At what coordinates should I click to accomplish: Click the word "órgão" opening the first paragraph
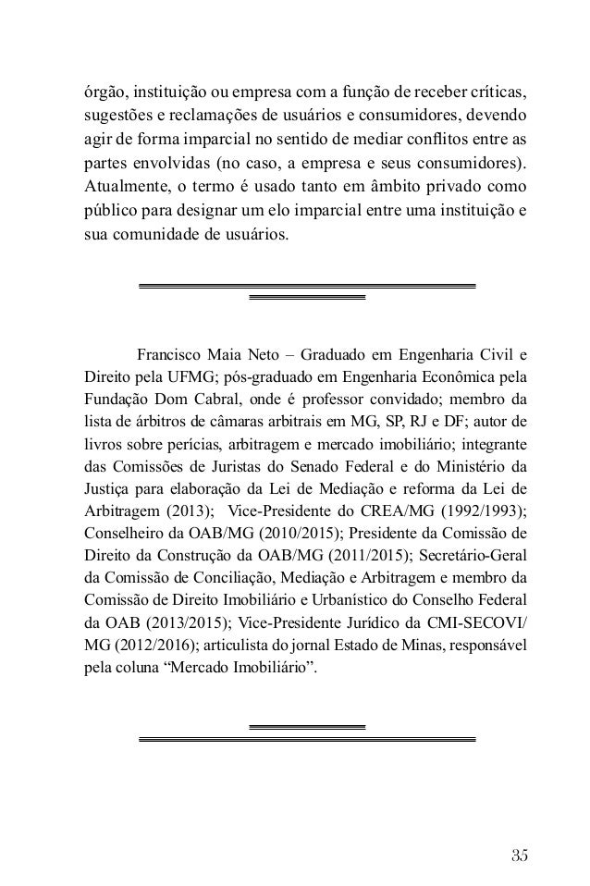[x=99, y=94]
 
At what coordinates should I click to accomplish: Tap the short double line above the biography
[x=307, y=298]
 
